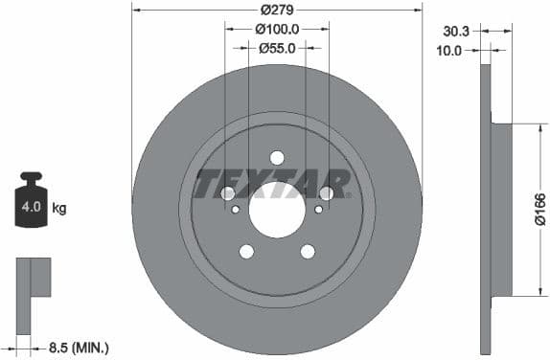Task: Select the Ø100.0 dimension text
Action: click(x=278, y=29)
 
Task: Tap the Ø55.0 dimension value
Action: click(x=278, y=48)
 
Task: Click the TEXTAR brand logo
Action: click(x=272, y=183)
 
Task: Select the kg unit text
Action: click(x=58, y=207)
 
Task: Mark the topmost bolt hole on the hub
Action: click(x=277, y=157)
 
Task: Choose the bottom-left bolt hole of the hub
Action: click(x=246, y=251)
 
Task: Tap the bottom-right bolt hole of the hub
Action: click(x=308, y=251)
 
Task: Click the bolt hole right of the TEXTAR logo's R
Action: click(x=327, y=192)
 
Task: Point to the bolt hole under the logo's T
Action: click(x=228, y=193)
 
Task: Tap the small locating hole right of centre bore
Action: click(x=318, y=208)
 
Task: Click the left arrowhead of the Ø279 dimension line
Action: click(x=135, y=11)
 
